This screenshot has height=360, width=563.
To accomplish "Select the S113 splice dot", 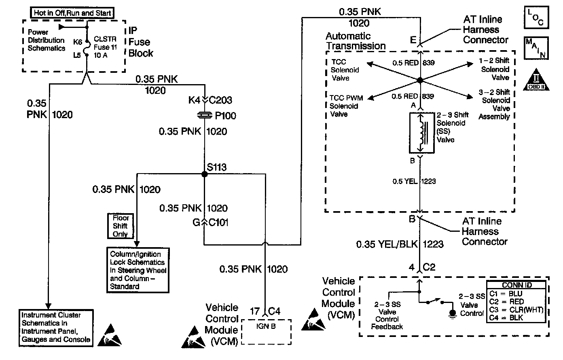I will click(204, 174).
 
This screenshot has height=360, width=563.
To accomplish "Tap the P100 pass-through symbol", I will click(204, 116).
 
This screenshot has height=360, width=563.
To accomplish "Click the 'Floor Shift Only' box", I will click(121, 226).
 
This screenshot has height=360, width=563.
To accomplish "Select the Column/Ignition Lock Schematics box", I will click(138, 270).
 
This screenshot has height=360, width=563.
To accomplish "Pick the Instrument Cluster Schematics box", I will click(56, 327).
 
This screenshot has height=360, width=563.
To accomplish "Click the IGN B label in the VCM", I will click(266, 326).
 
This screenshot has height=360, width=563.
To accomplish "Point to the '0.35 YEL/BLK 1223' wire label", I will click(400, 244).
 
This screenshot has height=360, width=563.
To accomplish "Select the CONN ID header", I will click(516, 285).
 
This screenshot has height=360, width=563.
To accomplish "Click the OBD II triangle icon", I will click(536, 79).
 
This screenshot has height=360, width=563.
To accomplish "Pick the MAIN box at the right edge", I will click(536, 48).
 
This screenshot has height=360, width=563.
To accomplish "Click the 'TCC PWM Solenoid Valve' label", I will click(346, 106).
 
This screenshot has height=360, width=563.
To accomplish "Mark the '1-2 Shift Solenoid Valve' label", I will click(495, 69).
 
